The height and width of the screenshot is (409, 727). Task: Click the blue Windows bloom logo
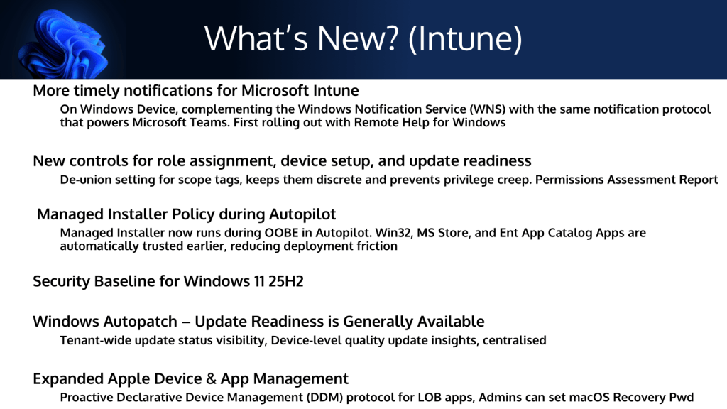pyautogui.click(x=64, y=44)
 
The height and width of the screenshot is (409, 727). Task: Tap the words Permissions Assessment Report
pyautogui.click(x=626, y=180)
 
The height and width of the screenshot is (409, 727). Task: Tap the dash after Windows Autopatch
pyautogui.click(x=186, y=322)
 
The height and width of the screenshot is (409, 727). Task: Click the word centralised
pyautogui.click(x=514, y=340)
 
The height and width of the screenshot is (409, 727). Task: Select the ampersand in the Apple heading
pyautogui.click(x=211, y=379)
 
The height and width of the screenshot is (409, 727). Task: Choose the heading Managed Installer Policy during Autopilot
pyautogui.click(x=187, y=214)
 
